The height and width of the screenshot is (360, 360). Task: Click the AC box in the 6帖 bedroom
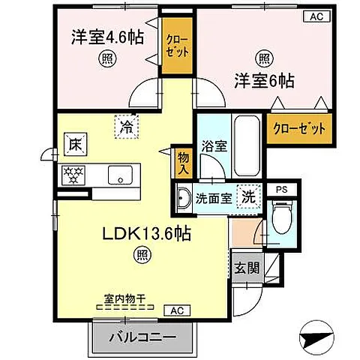click(317, 16)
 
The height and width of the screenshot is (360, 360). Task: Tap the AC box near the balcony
click(177, 310)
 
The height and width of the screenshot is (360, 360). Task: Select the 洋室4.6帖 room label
click(108, 37)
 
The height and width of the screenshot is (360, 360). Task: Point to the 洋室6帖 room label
click(264, 80)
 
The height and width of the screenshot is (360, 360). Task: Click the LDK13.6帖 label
click(147, 234)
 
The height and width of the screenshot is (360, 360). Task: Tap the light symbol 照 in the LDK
click(144, 255)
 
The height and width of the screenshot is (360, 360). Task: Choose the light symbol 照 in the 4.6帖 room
click(107, 58)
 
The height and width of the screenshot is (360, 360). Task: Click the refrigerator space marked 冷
click(127, 127)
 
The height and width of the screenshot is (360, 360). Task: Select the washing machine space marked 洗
click(249, 196)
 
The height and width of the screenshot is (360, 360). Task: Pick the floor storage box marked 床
click(76, 144)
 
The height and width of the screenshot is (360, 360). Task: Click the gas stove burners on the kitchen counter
click(73, 175)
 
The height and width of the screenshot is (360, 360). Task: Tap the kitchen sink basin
click(120, 175)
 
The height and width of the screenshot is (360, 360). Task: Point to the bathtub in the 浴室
click(247, 145)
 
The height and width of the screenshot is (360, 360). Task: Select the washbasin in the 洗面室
click(184, 198)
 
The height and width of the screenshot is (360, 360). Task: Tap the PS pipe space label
click(282, 190)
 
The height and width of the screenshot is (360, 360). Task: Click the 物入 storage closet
click(184, 163)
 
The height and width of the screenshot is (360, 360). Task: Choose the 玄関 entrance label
click(247, 268)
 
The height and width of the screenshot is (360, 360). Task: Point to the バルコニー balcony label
click(142, 337)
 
